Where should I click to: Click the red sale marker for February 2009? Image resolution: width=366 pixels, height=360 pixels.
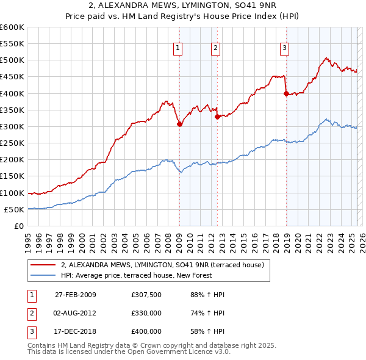pos(179,124)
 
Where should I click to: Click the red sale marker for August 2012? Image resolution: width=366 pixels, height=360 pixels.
pos(217,117)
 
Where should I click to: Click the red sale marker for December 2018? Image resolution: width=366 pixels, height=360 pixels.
pos(286,93)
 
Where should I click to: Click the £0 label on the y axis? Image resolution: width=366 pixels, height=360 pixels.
pos(19,226)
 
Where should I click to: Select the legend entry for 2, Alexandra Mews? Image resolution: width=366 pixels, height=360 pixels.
pos(162,265)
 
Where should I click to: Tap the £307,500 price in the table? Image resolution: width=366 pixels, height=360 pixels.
pos(146,295)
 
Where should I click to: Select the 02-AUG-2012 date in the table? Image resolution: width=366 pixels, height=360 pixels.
pos(76,313)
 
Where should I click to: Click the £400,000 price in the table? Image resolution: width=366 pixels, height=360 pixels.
pos(146,331)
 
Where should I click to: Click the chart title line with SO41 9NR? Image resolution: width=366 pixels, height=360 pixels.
pos(183,7)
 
